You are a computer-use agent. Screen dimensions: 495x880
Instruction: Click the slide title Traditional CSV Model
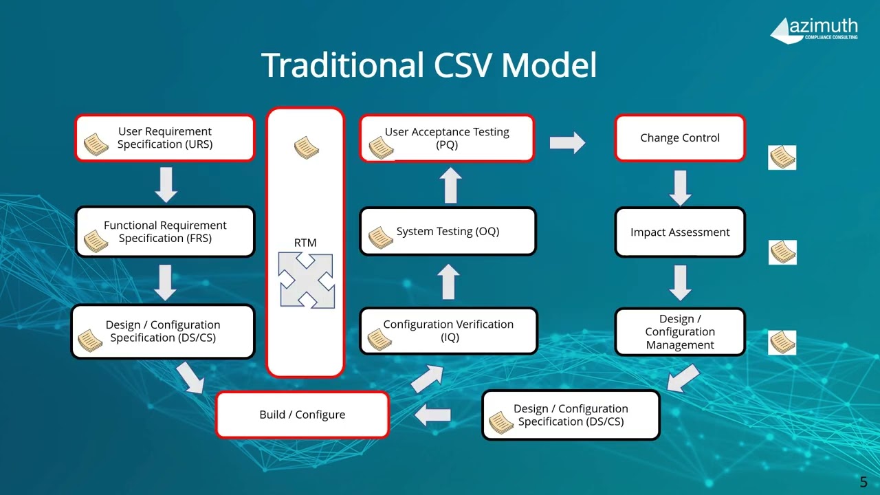click(x=429, y=65)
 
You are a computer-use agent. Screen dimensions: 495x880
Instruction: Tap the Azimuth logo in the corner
click(x=814, y=29)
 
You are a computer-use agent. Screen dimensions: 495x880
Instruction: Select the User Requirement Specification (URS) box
click(x=164, y=138)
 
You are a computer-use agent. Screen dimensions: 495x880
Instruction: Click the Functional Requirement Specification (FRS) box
click(x=164, y=232)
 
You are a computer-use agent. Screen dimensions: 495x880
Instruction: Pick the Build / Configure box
click(x=302, y=415)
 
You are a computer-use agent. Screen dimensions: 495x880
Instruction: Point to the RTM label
click(x=305, y=243)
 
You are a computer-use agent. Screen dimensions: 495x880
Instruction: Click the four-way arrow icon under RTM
click(x=306, y=280)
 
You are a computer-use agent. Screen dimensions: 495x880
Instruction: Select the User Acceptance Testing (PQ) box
click(x=447, y=138)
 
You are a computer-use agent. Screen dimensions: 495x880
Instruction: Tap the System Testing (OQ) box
click(x=448, y=232)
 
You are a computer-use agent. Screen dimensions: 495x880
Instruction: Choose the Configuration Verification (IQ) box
click(x=448, y=331)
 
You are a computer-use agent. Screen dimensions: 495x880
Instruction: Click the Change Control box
click(x=679, y=138)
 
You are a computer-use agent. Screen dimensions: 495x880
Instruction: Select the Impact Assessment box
click(x=679, y=232)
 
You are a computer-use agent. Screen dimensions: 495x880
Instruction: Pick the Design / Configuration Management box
click(x=679, y=332)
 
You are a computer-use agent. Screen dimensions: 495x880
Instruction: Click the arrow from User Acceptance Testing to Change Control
click(x=567, y=142)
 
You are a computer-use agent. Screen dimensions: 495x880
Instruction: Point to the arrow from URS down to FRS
click(x=166, y=184)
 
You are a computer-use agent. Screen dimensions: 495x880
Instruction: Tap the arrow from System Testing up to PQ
click(x=450, y=185)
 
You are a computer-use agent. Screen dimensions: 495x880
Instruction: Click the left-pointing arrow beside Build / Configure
click(x=433, y=415)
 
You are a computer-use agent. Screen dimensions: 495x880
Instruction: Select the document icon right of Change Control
click(x=782, y=157)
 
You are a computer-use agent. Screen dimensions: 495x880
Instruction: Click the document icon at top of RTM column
click(x=306, y=147)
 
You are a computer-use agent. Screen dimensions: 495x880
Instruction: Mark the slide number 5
click(x=863, y=482)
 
